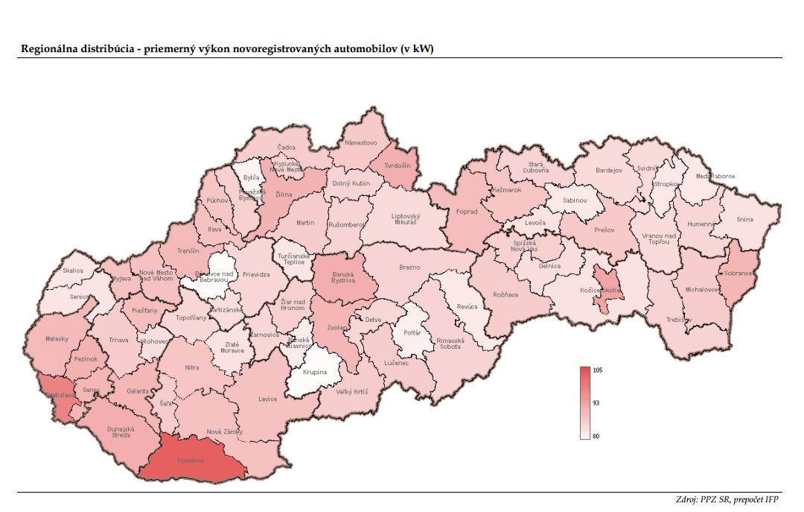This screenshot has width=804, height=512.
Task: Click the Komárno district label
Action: tap(190, 461)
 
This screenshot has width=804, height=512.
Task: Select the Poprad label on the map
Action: tap(467, 212)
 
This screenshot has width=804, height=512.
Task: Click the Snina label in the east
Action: tap(745, 219)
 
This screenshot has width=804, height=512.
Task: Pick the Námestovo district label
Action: tap(361, 142)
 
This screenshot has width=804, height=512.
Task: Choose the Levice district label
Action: tap(268, 399)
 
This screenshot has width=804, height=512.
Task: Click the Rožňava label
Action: tap(505, 294)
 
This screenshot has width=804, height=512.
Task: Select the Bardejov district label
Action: tap(608, 171)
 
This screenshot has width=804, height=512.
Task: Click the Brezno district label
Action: tap(409, 267)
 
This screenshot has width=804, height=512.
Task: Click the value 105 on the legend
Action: tap(597, 370)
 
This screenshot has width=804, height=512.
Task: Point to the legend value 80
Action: tap(596, 436)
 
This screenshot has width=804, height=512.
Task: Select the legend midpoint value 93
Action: tap(596, 403)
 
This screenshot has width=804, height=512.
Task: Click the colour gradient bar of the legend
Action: tap(585, 402)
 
